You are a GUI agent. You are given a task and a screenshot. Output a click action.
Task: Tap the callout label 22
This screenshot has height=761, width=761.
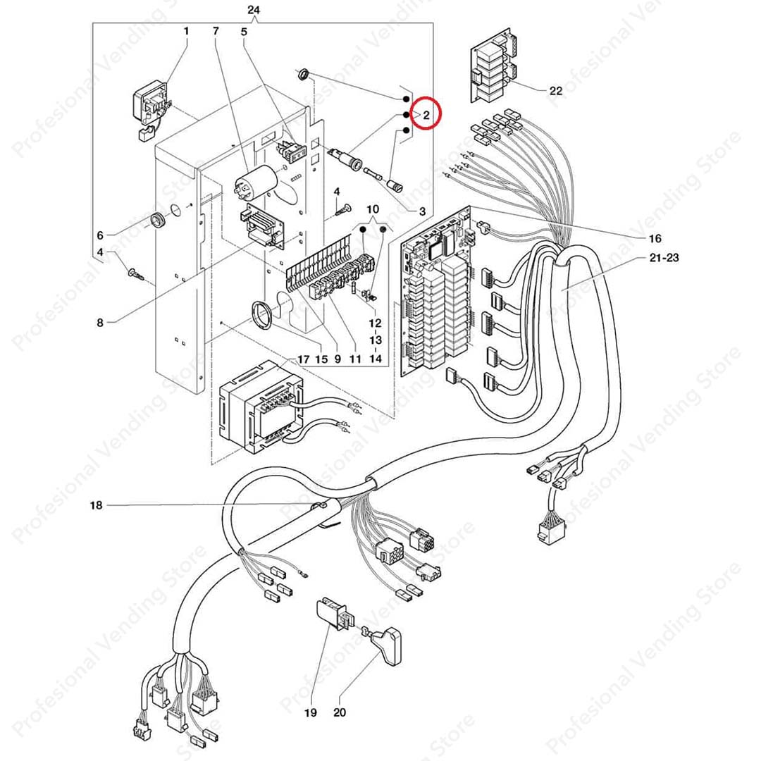pos(556,91)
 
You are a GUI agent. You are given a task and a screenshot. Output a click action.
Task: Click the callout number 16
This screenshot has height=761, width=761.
pos(655,237)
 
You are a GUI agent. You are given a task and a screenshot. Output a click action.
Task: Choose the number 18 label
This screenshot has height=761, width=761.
pos(97,505)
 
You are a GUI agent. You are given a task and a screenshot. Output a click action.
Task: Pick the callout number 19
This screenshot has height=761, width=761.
pos(310,713)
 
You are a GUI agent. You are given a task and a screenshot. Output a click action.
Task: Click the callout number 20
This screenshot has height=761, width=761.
pos(340,713)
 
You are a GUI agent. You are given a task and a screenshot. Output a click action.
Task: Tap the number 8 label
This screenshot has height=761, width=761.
pos(100,323)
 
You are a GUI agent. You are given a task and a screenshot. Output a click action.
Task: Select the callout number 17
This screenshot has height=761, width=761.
pos(303,359)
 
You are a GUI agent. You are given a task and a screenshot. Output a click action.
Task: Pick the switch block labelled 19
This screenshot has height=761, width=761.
pos(335,613)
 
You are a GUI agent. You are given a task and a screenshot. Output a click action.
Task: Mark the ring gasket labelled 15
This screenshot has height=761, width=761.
pos(262,314)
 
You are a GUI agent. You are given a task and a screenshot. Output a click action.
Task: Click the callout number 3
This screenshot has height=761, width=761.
pos(422,211)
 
